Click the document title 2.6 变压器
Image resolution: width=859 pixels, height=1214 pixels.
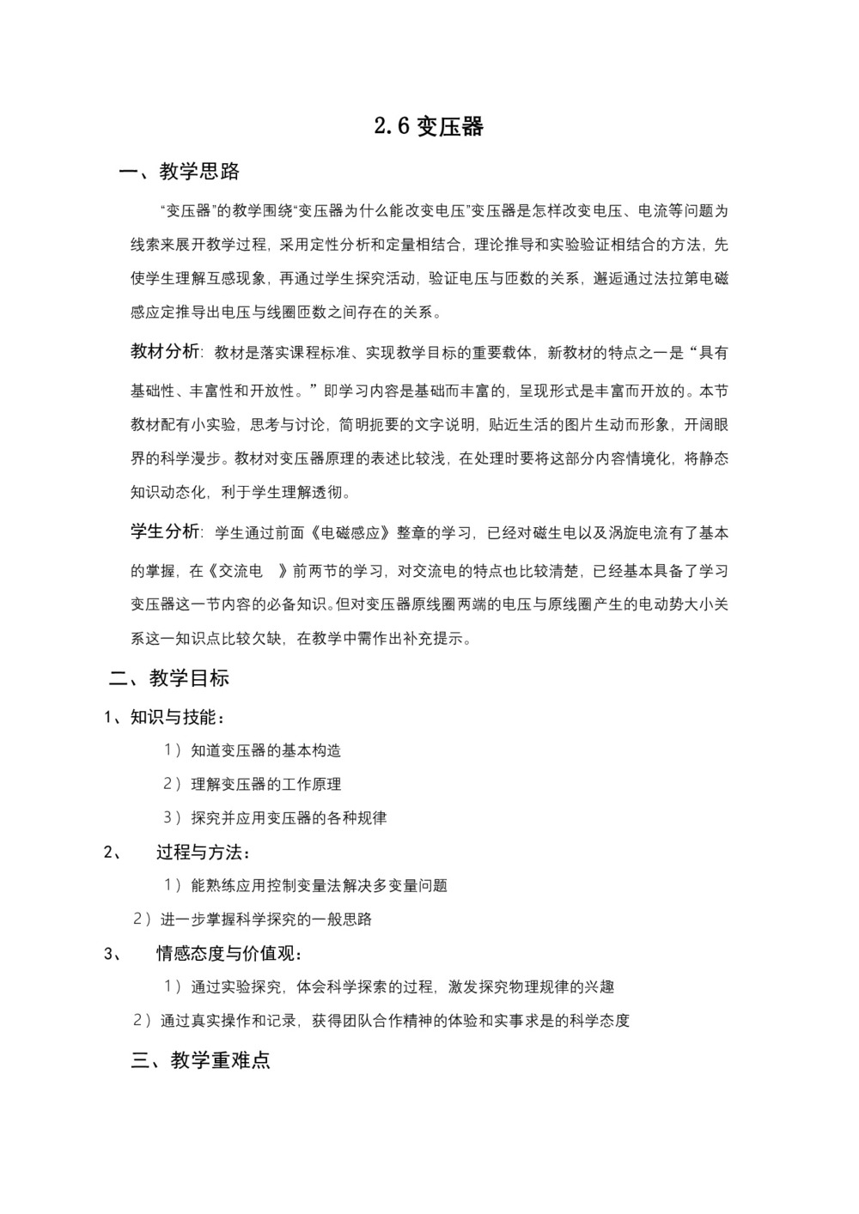[x=429, y=127]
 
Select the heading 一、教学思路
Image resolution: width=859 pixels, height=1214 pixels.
[x=180, y=172]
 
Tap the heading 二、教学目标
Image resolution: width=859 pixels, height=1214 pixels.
[x=169, y=678]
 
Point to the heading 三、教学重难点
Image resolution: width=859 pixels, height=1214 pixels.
[x=201, y=1060]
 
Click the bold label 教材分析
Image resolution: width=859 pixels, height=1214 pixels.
[x=165, y=352]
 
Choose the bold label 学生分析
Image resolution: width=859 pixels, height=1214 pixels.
[x=165, y=532]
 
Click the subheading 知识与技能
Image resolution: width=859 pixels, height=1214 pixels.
[x=178, y=717]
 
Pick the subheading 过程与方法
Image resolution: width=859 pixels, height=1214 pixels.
[x=204, y=853]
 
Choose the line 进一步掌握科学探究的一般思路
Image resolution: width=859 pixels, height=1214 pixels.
[x=265, y=920]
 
